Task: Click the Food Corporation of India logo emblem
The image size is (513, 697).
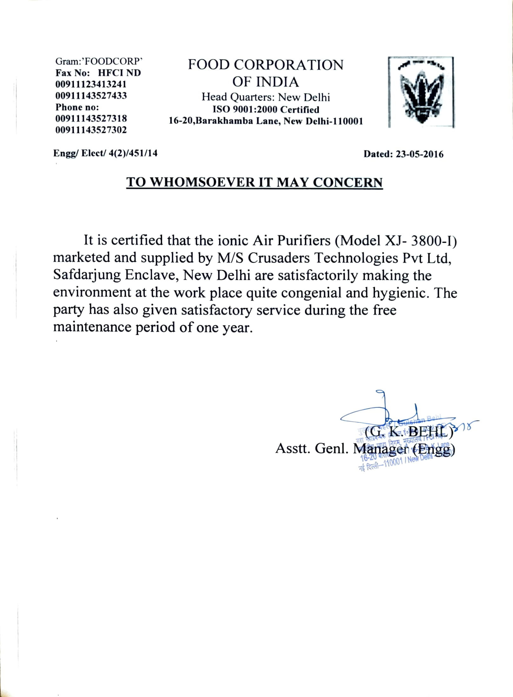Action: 421,93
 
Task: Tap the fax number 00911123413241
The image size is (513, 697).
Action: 91,84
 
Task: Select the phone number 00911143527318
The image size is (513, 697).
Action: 91,118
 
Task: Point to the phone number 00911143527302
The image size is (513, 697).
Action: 91,130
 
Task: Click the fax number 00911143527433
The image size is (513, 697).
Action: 91,96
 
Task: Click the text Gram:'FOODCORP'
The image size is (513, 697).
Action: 99,61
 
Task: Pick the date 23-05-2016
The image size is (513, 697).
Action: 419,154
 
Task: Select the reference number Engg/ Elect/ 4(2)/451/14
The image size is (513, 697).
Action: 105,153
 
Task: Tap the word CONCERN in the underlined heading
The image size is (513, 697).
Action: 348,182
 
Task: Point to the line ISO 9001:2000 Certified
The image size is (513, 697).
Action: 266,110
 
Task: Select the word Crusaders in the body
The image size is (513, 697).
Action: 279,258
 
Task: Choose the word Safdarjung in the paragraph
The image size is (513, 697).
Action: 87,275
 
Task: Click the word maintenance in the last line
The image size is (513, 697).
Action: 92,327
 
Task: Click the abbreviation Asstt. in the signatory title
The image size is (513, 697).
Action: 293,449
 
